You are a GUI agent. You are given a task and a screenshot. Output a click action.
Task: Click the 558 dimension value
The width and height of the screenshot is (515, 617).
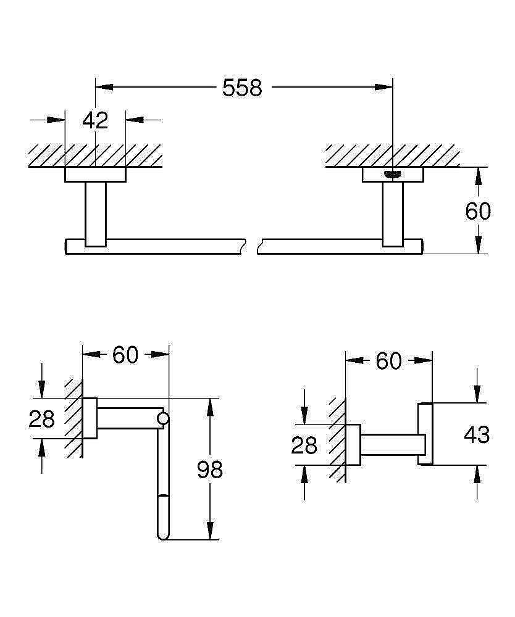coord(242,88)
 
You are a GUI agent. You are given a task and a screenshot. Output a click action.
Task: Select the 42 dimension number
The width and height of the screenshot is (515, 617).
coord(95,120)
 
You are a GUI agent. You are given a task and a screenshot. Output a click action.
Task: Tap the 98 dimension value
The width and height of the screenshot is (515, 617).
coord(209,470)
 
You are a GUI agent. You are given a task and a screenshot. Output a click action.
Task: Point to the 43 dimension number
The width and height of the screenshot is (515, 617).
coord(477,435)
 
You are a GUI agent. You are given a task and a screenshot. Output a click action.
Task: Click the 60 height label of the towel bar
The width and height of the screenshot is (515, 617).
coord(478,212)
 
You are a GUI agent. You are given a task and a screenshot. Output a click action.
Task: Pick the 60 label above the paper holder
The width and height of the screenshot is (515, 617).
coord(125,355)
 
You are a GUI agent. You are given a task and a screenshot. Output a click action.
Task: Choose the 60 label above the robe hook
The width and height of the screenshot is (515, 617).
coord(388,362)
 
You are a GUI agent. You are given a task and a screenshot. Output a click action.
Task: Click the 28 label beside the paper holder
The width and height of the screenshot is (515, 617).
coord(42,420)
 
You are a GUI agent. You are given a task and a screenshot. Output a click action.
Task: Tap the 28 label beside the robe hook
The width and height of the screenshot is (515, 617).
coord(304,445)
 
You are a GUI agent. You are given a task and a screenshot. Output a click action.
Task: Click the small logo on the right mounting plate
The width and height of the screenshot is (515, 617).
coord(393,174)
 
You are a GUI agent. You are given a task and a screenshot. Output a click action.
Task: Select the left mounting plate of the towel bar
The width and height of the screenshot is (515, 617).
coord(95,175)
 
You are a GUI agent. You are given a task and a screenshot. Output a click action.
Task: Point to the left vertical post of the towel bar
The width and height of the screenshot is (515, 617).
coord(95,213)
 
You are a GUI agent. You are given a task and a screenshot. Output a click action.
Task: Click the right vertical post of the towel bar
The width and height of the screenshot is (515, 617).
coord(393,213)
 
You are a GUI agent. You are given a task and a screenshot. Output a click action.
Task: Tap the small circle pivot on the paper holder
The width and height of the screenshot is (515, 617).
coord(163,419)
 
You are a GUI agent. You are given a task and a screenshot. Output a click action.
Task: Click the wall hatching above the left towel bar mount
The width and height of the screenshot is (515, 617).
coord(95,155)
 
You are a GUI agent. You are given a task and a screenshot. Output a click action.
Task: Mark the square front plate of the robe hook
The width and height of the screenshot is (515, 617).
coord(425,434)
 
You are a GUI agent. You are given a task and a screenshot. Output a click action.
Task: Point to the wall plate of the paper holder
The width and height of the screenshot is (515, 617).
coord(90,418)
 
